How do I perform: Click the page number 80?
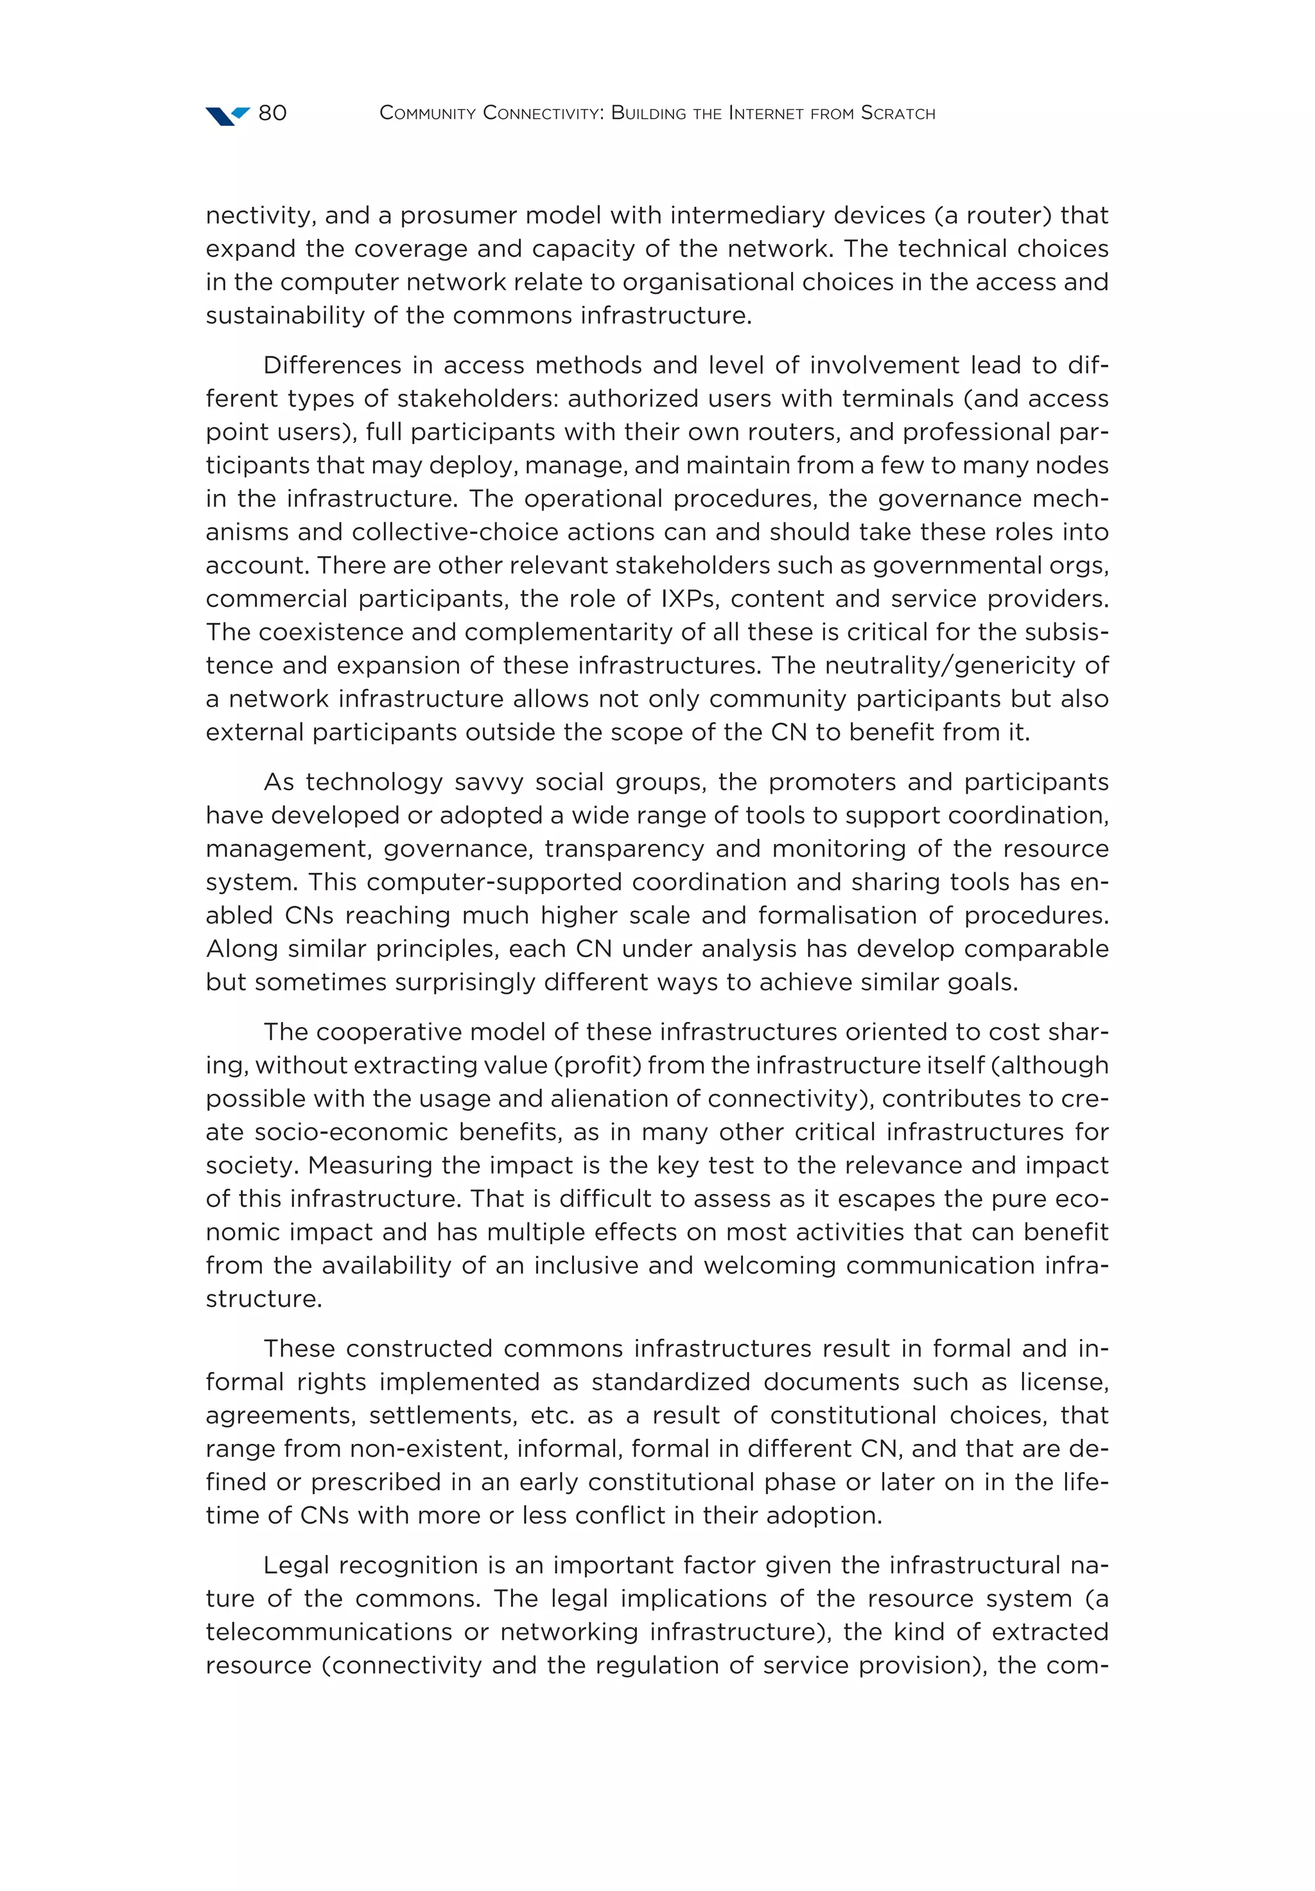(x=272, y=113)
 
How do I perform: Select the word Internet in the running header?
(x=766, y=113)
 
